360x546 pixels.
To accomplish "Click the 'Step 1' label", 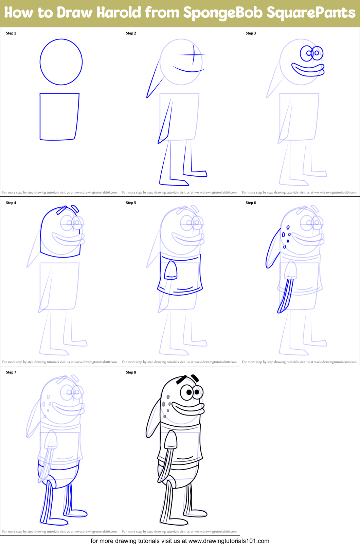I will coord(11,33).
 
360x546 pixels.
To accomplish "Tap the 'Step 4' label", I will coord(11,203).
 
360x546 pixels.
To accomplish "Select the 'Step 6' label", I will coord(251,203).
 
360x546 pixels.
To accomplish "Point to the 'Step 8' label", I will coord(131,372).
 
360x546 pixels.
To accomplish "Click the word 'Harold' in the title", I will coord(119,13).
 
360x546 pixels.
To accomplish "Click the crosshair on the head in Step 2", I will coord(193,54).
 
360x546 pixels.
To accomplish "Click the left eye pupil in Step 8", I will coord(189,393).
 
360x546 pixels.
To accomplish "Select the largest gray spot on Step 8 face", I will coord(164,404).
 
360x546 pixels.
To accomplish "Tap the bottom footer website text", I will coord(180,541).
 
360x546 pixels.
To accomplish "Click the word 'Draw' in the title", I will coord(75,13).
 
